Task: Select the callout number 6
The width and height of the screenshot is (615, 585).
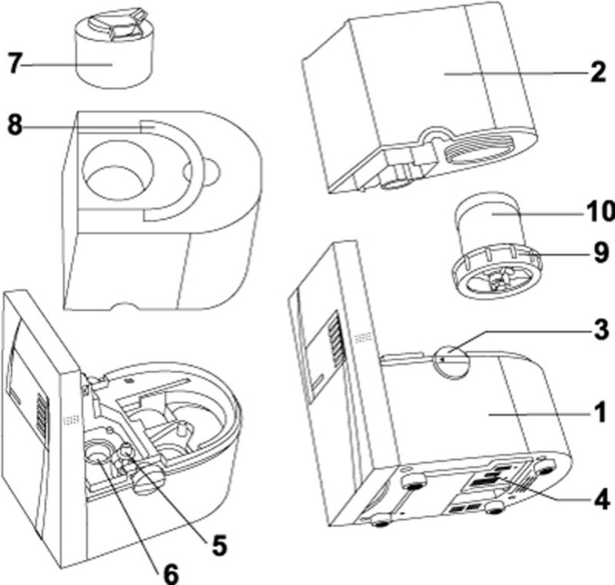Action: point(169,572)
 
